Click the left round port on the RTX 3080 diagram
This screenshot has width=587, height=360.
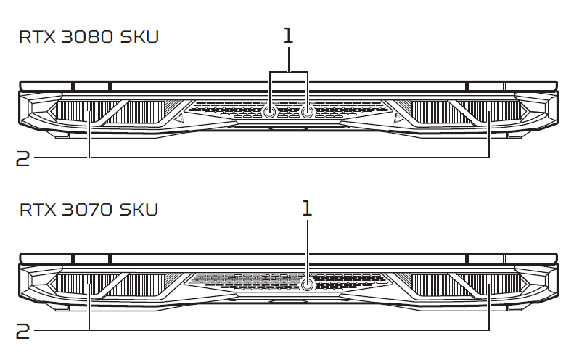coord(269,112)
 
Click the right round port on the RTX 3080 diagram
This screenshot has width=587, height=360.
coord(308,112)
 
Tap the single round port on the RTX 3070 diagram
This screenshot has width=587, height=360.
coord(308,285)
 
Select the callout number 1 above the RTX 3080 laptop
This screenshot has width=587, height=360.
coord(288,36)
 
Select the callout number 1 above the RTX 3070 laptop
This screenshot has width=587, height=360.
coord(307,208)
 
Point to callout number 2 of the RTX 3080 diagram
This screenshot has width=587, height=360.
coord(22,158)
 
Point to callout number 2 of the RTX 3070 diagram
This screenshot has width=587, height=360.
coord(22,332)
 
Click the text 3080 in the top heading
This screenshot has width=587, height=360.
coord(86,37)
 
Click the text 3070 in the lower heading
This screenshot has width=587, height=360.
coord(86,209)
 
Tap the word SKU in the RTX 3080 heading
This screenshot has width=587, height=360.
coord(139,37)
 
